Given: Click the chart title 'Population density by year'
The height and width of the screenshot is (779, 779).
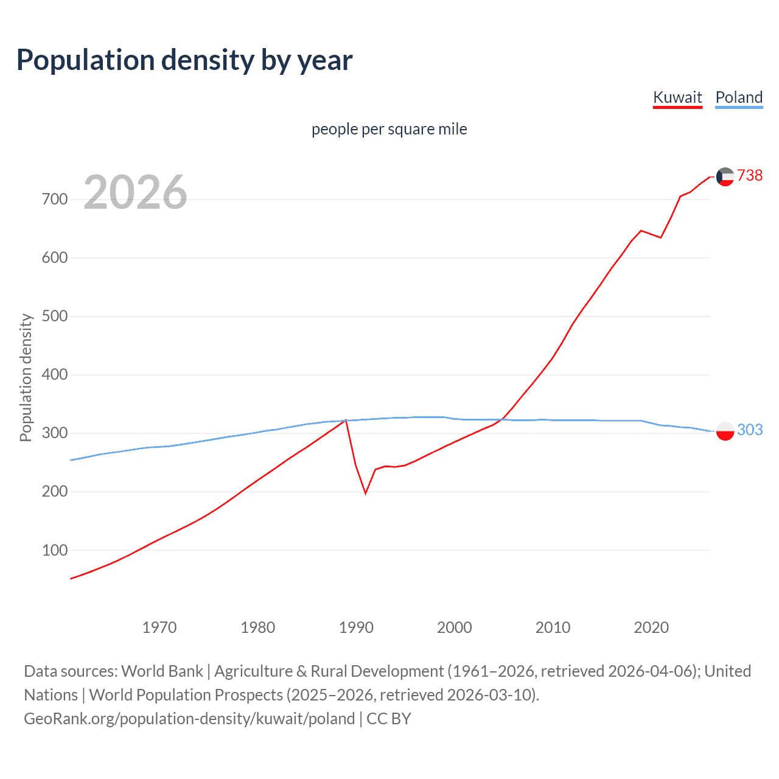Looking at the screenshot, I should tap(184, 60).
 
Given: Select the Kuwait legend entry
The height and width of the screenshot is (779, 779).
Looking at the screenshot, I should tap(677, 97).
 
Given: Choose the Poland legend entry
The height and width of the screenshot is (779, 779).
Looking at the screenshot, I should tap(739, 97).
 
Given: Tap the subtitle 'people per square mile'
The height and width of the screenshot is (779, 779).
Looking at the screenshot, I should tap(389, 129).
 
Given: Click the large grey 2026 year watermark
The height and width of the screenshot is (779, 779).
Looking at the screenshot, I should tap(135, 192).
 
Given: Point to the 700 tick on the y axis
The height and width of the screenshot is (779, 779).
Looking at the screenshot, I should tap(55, 199).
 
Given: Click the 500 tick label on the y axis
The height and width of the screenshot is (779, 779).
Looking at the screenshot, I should tap(55, 316).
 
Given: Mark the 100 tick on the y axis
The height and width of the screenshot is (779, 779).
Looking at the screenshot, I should tap(55, 550).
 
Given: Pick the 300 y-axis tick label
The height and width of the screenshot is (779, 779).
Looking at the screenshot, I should tap(55, 433).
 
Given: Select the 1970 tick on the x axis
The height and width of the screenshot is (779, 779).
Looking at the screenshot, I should tap(159, 627).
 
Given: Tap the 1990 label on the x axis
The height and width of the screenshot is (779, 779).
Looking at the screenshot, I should tap(356, 627).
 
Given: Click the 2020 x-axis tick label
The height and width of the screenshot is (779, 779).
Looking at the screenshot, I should tap(651, 627).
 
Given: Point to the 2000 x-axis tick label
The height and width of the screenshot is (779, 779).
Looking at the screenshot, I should tap(455, 627).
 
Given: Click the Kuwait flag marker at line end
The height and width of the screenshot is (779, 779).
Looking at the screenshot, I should tap(725, 176).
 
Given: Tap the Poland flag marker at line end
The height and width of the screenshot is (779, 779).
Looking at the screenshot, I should tap(725, 431).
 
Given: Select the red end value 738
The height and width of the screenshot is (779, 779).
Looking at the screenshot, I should tap(750, 175).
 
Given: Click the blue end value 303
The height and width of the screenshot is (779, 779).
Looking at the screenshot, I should tap(750, 430).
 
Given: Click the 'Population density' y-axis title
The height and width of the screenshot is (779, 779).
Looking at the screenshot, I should tap(26, 377).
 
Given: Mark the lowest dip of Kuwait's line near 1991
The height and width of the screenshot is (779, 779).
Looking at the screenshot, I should tap(365, 493).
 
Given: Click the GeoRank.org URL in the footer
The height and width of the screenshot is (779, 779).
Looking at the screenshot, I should tap(189, 719).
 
